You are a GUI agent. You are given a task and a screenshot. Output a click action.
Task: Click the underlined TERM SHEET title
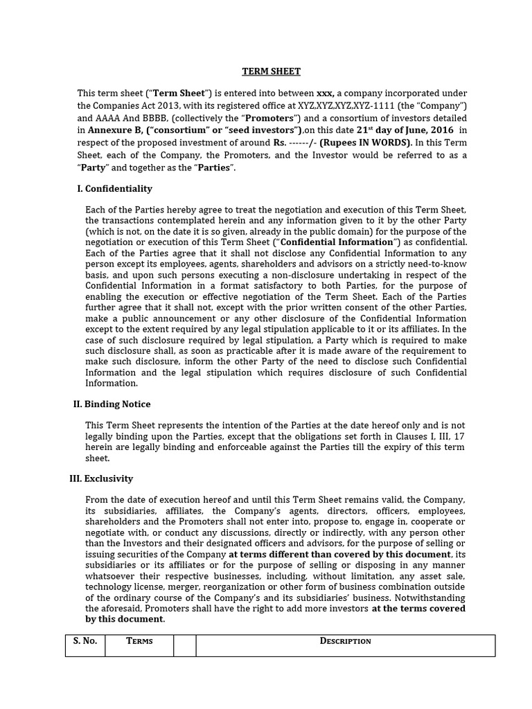tap(271, 71)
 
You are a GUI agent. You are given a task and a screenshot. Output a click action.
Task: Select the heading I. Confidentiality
tap(114, 188)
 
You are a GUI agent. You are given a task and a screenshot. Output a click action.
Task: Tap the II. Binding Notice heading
tap(112, 404)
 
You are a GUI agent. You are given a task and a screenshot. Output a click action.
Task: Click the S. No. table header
tap(85, 641)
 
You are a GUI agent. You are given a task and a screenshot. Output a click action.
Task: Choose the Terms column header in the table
tap(139, 641)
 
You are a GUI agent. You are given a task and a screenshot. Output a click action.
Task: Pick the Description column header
tap(345, 641)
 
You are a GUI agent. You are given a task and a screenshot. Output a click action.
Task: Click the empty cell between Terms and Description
tap(184, 645)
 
